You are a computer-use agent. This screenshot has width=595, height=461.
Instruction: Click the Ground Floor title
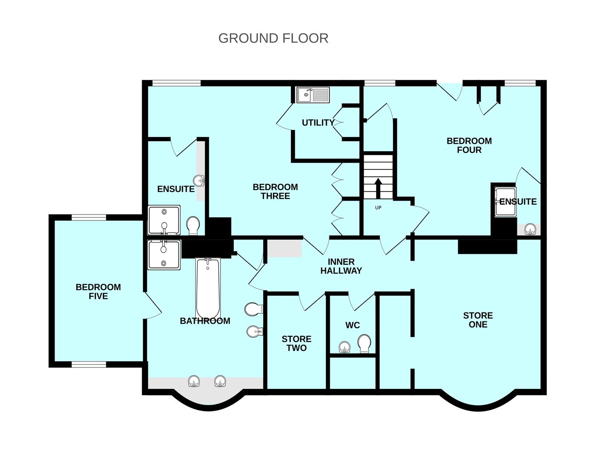[x=273, y=38]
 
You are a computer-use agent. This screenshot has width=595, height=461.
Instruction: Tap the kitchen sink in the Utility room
[x=313, y=95]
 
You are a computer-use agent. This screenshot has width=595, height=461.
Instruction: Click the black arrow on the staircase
[x=378, y=188]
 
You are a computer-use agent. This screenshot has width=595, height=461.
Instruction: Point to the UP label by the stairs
[x=378, y=207]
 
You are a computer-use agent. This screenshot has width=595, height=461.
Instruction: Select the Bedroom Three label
[x=275, y=192]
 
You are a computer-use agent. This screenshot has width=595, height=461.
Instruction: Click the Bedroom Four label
[x=469, y=146]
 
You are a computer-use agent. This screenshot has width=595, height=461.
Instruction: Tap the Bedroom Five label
[x=98, y=292]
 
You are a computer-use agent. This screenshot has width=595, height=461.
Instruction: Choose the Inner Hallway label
[x=341, y=266]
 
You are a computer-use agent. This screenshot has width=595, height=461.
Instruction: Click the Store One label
[x=478, y=320]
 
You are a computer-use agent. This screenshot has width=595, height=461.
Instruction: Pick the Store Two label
[x=296, y=344]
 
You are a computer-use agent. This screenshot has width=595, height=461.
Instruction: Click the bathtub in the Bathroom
[x=208, y=289]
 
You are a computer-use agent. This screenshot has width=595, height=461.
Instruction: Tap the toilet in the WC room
[x=364, y=344]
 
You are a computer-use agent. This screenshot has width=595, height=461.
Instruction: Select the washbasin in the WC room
[x=345, y=347]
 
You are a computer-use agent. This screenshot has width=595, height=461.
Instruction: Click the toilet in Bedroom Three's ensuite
[x=193, y=226]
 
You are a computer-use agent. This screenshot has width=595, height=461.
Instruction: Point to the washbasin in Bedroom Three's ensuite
[x=198, y=181]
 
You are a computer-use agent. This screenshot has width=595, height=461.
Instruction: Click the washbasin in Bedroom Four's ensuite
[x=530, y=229]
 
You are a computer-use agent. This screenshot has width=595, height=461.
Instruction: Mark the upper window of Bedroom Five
[x=89, y=218]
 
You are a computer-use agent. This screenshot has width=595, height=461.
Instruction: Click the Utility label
[x=318, y=123]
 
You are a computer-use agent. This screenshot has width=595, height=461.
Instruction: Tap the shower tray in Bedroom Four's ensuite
[x=505, y=201]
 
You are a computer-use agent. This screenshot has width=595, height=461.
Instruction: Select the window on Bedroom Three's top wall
[x=176, y=83]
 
